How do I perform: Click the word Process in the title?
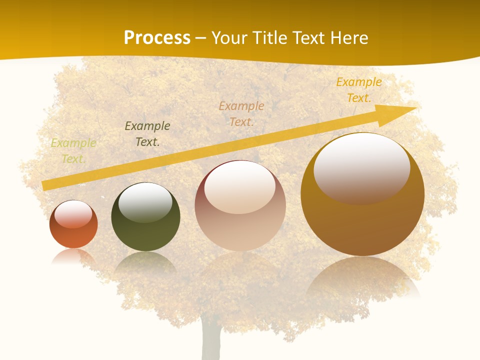157,38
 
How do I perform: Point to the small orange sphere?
73,225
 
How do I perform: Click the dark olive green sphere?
145,220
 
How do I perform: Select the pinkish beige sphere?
240,210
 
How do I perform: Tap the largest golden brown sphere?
362,200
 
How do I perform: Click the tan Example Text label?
241,114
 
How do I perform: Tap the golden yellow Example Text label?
359,90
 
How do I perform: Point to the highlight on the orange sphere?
73,214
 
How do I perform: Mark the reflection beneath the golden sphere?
362,277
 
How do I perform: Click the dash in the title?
200,38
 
